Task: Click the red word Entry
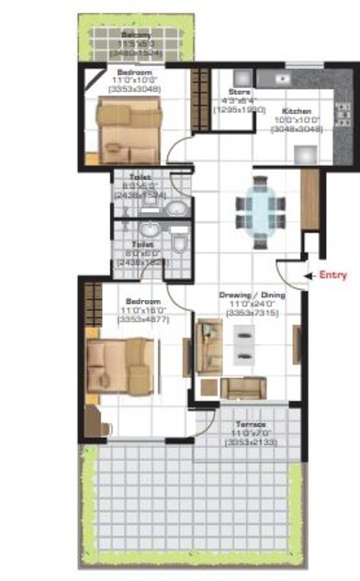tap(333, 274)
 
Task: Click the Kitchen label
tap(295, 109)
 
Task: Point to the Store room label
tap(238, 92)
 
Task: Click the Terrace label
tap(252, 425)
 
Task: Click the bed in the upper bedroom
tap(129, 128)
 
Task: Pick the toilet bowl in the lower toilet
tap(180, 244)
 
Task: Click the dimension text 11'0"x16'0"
tap(142, 311)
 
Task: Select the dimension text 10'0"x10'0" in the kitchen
tap(295, 119)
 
